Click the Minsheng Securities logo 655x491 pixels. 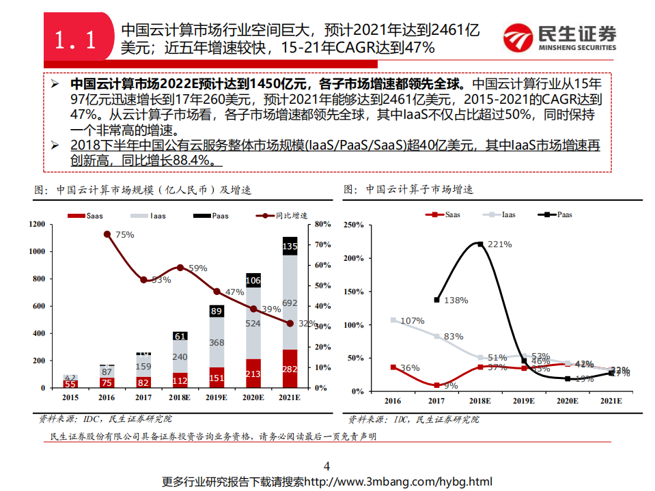point(559,38)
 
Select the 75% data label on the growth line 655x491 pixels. point(124,234)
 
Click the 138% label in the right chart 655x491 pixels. point(455,300)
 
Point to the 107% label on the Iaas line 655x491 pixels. point(413,320)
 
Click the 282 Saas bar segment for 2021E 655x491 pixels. point(290,369)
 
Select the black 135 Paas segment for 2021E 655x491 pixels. point(290,246)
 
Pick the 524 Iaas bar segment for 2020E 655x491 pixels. point(253,324)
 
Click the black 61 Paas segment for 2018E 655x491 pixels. point(180,336)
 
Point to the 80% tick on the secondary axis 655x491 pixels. point(322,224)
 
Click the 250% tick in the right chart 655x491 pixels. point(354,224)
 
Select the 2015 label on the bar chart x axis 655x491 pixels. point(70,398)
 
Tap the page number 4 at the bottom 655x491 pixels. point(326,466)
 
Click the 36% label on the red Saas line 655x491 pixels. point(410,368)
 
